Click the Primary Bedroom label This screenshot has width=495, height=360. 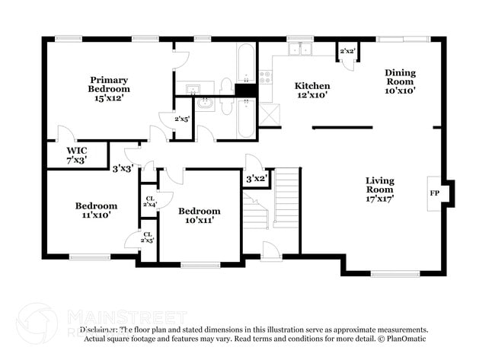[108, 88]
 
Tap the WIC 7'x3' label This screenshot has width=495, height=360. [76, 155]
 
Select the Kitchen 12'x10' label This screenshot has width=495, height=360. [312, 91]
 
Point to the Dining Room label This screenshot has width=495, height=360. [400, 81]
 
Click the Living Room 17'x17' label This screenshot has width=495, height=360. [380, 188]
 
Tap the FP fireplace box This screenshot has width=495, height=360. [435, 193]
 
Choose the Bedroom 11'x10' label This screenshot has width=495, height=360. [96, 210]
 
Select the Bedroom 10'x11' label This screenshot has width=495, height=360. [199, 215]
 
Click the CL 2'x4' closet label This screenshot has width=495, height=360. [149, 201]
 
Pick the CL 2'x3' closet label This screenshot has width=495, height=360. [148, 237]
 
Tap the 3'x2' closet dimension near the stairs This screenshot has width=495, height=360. [256, 178]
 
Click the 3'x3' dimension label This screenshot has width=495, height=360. [123, 168]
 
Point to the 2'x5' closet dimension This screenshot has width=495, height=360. [182, 119]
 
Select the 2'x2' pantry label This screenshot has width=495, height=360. [348, 51]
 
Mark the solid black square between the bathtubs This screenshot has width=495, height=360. [245, 91]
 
